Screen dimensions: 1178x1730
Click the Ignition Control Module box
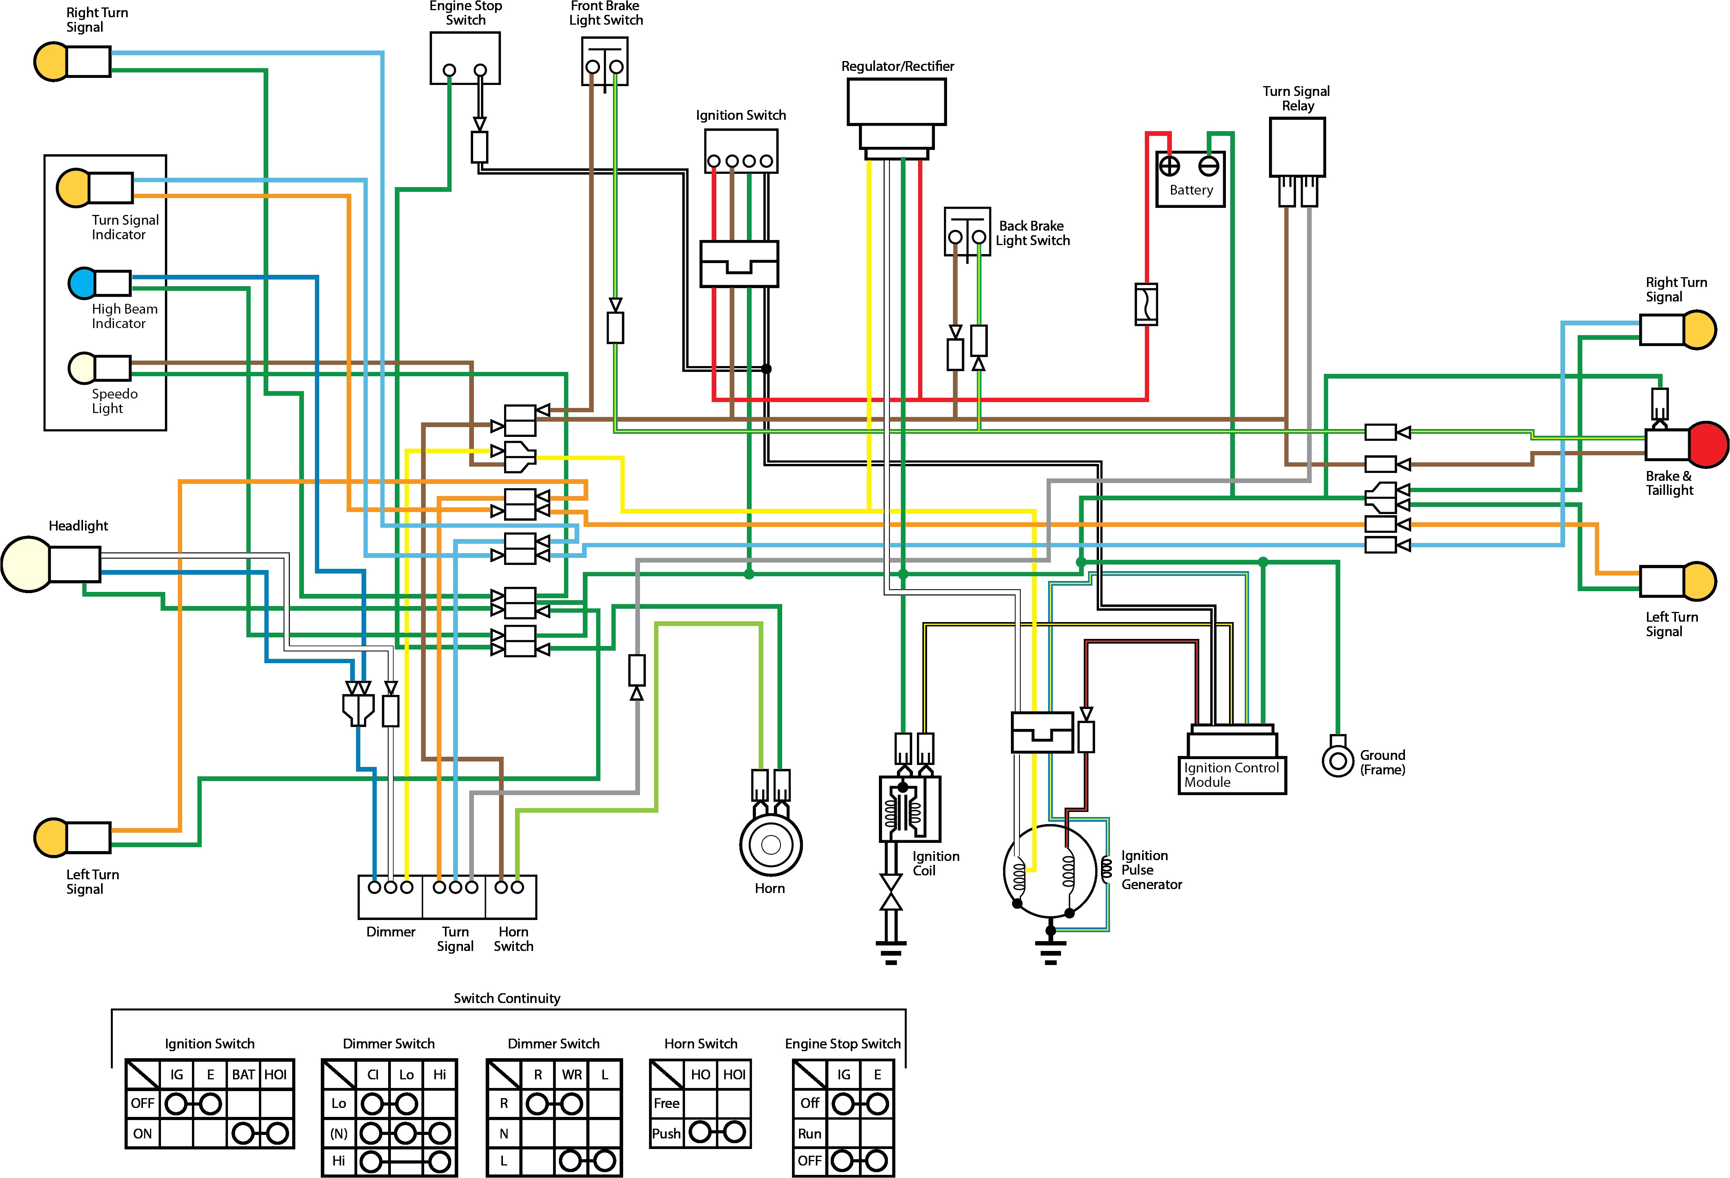1231,774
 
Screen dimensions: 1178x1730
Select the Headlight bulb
27,564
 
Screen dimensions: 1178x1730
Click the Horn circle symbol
770,844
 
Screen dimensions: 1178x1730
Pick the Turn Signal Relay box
1297,147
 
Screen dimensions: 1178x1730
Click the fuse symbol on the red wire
1146,304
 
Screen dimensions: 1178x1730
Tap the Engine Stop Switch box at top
465,58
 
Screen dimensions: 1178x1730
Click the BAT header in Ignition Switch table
243,1075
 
